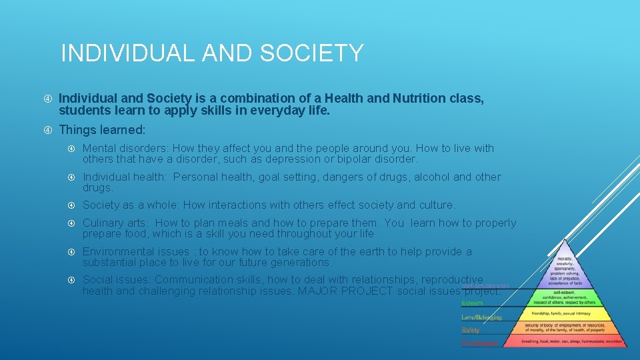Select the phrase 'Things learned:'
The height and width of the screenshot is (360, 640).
102,129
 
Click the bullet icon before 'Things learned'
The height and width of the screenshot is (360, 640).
47,129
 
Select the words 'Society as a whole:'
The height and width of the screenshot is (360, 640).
131,205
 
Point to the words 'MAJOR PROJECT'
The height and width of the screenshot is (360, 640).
343,291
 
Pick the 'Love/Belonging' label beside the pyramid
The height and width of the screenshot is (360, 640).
481,317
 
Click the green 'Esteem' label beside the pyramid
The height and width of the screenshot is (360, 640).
472,303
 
